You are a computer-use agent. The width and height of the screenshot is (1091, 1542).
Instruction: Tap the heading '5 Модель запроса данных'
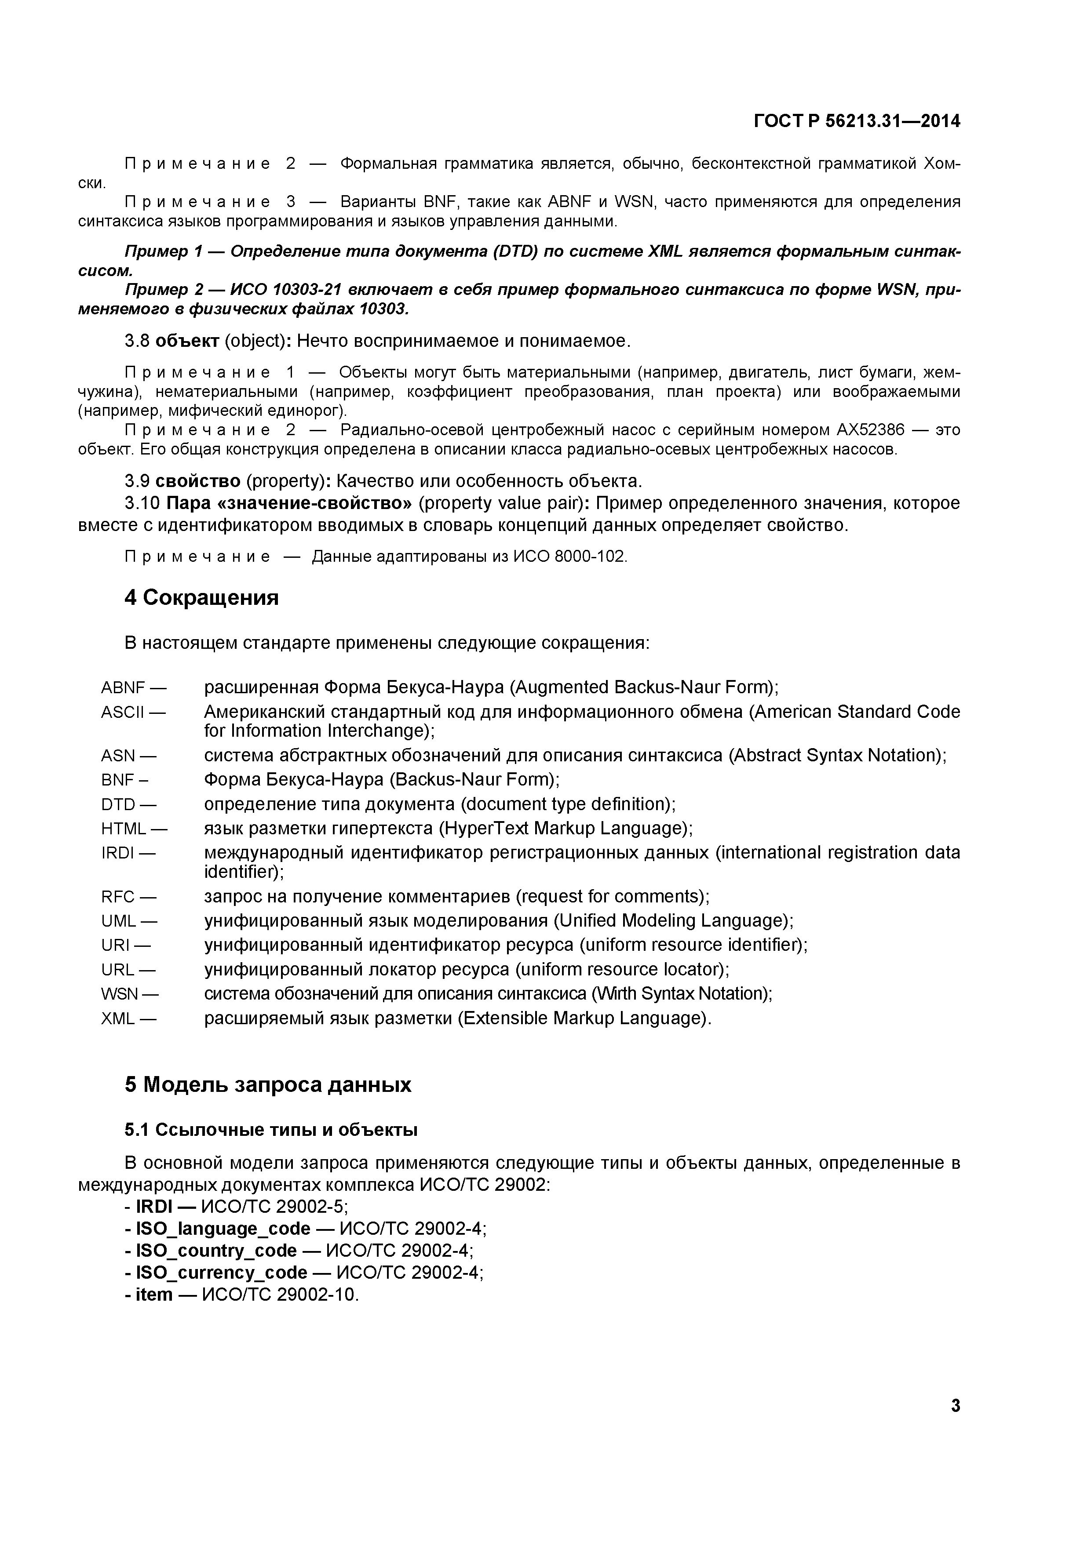tap(267, 1085)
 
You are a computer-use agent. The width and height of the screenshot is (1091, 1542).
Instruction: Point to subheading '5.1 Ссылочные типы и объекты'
tap(271, 1130)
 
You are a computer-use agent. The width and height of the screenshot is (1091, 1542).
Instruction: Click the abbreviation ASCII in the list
tap(123, 712)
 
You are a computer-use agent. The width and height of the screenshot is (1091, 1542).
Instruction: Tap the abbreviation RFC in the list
tap(118, 897)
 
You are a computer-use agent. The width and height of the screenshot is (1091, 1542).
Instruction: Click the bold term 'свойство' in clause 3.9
tap(197, 481)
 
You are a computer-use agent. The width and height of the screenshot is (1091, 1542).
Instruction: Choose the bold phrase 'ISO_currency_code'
tap(222, 1273)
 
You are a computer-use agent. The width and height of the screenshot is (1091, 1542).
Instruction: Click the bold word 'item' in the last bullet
tap(154, 1294)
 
